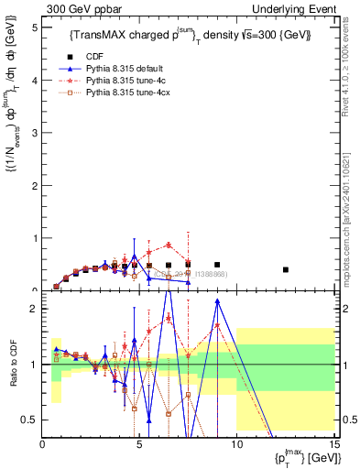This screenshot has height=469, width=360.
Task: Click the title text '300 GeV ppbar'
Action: (76, 8)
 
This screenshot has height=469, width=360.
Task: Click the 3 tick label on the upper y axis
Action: (36, 133)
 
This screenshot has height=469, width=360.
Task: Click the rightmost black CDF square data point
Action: (286, 269)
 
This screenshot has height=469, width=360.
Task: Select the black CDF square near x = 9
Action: (217, 265)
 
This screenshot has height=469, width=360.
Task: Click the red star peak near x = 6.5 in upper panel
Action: (169, 245)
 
